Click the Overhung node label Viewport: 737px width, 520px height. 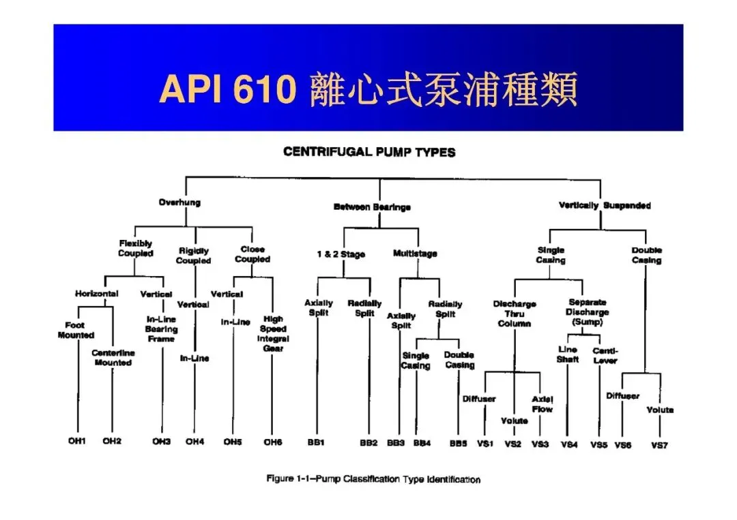click(179, 202)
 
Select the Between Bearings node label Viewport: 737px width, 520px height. click(372, 207)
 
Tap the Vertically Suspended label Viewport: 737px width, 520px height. click(604, 205)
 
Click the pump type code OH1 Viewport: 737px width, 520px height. click(76, 442)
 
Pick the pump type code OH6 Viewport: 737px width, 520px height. click(272, 442)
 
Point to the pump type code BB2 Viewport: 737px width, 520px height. click(369, 443)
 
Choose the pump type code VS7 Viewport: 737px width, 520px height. click(659, 445)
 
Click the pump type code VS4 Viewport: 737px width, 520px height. click(569, 444)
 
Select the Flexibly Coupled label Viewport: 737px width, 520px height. click(135, 248)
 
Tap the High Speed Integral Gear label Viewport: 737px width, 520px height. click(273, 333)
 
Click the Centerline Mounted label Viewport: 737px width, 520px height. click(113, 358)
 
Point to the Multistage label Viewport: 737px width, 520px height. click(415, 254)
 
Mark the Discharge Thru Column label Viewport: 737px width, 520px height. click(515, 313)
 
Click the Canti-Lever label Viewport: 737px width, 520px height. click(605, 355)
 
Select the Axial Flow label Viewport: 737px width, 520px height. click(543, 404)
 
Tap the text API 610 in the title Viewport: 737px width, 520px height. click(227, 89)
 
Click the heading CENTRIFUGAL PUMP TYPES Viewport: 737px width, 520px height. click(369, 152)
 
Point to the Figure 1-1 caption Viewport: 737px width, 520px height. click(373, 479)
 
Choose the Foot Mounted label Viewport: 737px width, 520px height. click(76, 330)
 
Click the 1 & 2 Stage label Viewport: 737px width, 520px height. click(341, 254)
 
